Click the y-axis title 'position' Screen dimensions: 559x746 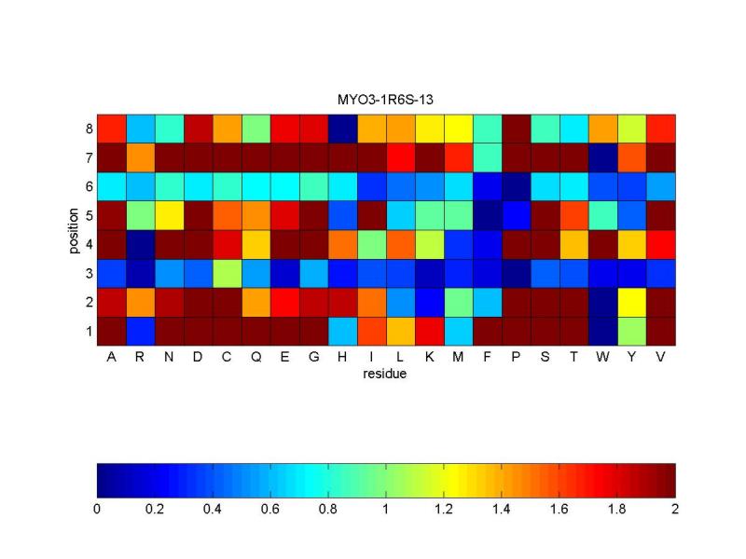[73, 229]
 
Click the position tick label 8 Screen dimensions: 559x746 [88, 129]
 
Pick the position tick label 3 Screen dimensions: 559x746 [88, 273]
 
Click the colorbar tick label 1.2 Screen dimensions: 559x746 [444, 509]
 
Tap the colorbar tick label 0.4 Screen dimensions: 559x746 [213, 509]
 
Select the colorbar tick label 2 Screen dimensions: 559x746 [674, 509]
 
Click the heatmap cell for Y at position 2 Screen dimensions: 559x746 [632, 302]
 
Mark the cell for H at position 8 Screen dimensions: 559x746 [343, 129]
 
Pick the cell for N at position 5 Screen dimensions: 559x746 [170, 215]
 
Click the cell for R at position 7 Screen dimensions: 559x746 [141, 157]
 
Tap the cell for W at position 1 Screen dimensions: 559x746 [603, 331]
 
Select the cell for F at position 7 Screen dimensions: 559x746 [488, 157]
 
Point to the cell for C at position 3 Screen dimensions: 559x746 [228, 273]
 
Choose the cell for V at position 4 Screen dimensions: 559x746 [661, 244]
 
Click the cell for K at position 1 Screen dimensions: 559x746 [430, 331]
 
